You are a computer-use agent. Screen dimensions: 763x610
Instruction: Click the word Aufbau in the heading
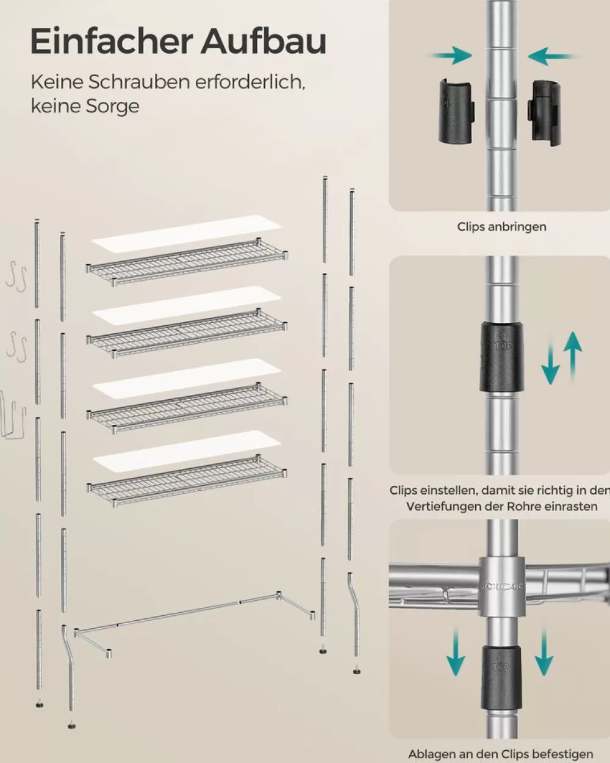coord(264,42)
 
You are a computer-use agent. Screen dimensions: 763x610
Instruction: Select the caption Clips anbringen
coord(501,226)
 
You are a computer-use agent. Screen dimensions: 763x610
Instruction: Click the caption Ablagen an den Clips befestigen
coord(500,754)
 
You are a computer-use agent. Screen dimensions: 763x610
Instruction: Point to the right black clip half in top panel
coord(545,113)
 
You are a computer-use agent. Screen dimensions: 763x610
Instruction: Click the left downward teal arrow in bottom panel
coord(455,653)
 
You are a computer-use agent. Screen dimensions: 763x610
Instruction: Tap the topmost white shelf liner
coord(186,234)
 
